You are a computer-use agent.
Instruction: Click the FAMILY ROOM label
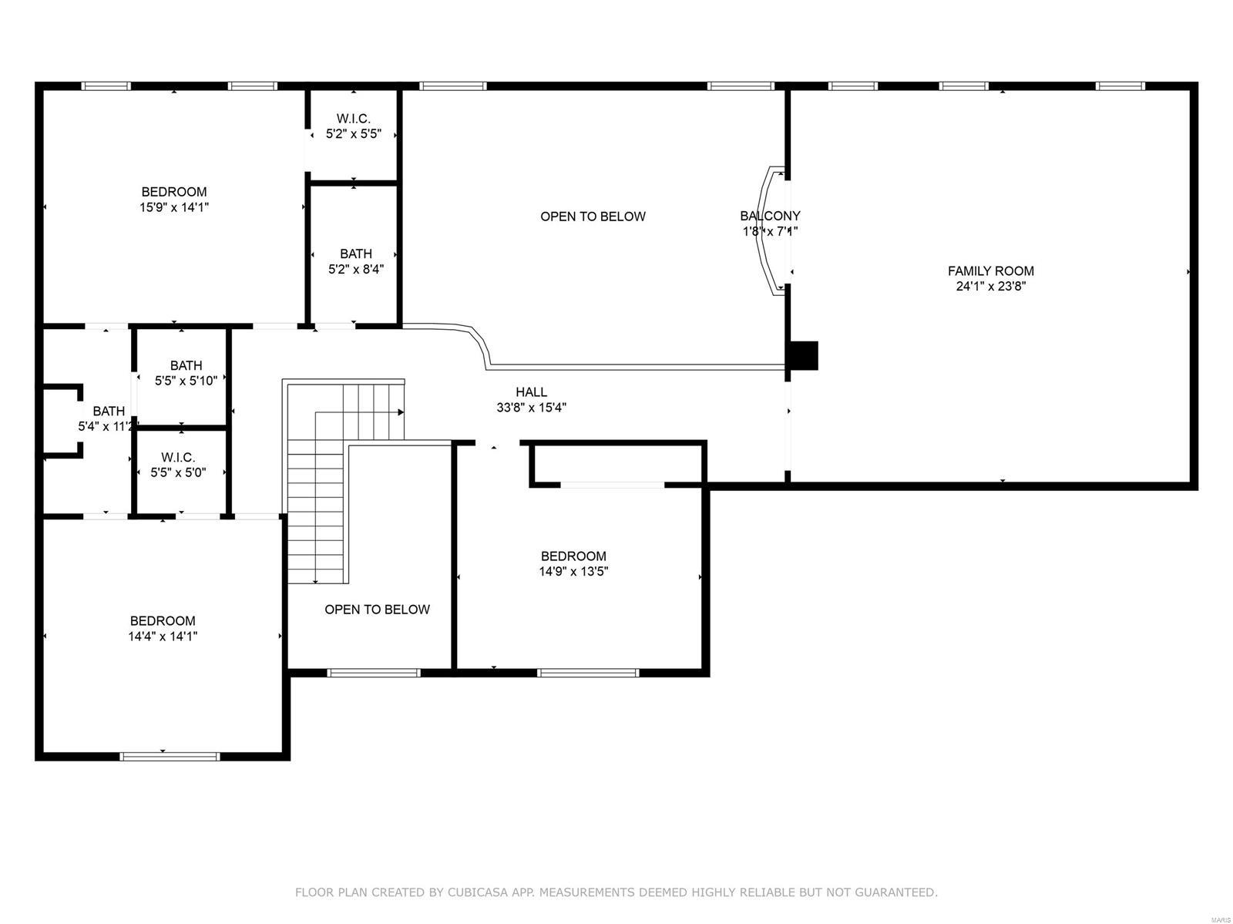[990, 270]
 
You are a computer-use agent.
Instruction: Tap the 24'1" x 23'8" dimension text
[990, 287]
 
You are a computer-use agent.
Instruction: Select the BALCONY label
[770, 216]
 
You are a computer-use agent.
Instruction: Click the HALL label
[532, 392]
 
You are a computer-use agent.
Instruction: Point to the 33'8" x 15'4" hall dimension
[532, 408]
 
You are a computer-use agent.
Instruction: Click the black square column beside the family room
[805, 355]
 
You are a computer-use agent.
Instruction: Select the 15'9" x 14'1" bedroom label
[174, 207]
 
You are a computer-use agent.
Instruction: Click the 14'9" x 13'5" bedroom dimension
[573, 572]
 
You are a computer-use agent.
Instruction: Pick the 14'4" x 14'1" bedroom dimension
[163, 637]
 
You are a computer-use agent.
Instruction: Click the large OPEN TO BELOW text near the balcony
[593, 217]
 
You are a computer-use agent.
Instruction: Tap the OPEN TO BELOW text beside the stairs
[377, 610]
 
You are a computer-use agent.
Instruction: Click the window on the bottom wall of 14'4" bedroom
[170, 756]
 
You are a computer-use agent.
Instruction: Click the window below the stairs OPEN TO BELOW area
[374, 673]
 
